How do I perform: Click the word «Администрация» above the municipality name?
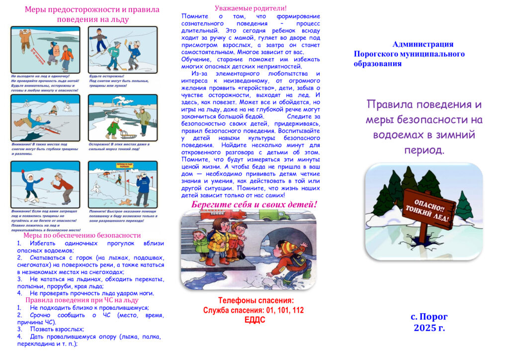click(423, 44)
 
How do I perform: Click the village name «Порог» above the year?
click(434, 317)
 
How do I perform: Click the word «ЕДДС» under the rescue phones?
click(254, 320)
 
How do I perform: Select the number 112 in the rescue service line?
click(297, 310)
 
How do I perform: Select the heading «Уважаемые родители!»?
click(251, 8)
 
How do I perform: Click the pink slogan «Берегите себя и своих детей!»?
click(254, 204)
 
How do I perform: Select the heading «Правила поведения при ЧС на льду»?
click(82, 300)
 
